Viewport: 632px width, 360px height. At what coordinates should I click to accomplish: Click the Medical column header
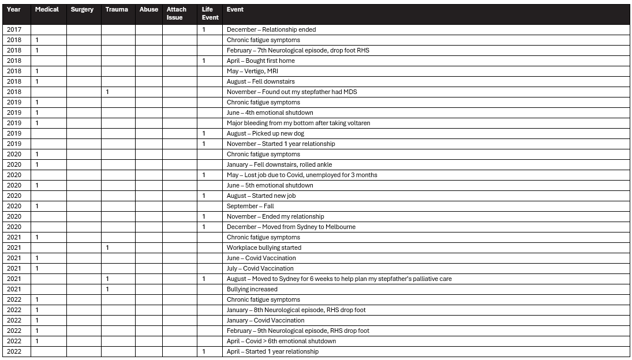click(47, 10)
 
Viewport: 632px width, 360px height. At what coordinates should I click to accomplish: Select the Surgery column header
click(82, 10)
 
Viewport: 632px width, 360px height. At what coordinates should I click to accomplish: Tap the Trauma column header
click(117, 10)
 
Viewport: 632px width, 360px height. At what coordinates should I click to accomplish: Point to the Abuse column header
click(148, 10)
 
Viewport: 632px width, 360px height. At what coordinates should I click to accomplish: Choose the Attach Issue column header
click(176, 13)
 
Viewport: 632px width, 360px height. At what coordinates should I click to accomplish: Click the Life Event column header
click(210, 13)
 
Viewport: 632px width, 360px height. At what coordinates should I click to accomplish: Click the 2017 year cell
click(14, 29)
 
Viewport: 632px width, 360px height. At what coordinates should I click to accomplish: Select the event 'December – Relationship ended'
click(271, 29)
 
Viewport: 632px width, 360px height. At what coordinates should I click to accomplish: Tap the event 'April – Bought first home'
click(260, 61)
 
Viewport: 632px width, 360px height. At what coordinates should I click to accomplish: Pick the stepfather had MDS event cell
click(291, 92)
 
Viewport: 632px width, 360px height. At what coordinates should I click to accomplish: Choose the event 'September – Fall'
click(250, 206)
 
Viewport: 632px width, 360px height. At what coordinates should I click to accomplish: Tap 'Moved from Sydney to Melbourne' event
click(291, 227)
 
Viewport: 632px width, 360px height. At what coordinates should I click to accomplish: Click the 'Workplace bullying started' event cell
click(264, 247)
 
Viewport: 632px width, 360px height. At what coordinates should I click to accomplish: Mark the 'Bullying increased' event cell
click(252, 289)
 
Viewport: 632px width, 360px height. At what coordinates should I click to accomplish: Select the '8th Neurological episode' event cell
click(296, 310)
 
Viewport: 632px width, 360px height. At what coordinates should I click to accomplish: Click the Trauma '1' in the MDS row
click(107, 92)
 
